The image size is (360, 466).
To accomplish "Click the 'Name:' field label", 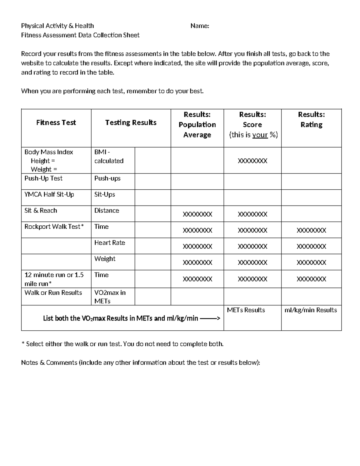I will click(x=199, y=26).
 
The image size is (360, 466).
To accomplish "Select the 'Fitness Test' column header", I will click(x=56, y=122).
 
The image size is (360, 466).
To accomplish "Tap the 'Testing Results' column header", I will click(x=131, y=122).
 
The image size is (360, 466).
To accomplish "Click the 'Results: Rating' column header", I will click(x=311, y=119).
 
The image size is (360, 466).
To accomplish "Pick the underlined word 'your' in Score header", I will click(x=260, y=135).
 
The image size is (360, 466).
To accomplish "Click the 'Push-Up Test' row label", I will click(x=43, y=178).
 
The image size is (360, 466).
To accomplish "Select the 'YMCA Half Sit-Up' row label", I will click(x=49, y=194).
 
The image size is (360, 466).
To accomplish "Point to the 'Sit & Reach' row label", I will click(x=40, y=210).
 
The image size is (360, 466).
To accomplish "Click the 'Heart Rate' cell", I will click(x=109, y=242).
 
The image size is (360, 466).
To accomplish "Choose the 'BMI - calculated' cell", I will click(x=109, y=156).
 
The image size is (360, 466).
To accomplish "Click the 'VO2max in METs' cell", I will click(x=110, y=296).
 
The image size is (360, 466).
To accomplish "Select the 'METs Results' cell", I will click(x=246, y=310).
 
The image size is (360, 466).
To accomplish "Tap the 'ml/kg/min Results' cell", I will click(x=310, y=310).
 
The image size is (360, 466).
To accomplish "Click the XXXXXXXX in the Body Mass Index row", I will click(x=252, y=161).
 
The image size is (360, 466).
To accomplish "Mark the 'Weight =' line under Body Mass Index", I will click(x=43, y=169).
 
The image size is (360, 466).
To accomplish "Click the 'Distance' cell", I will click(x=106, y=210).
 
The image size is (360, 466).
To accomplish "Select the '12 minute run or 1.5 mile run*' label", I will click(x=54, y=279).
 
